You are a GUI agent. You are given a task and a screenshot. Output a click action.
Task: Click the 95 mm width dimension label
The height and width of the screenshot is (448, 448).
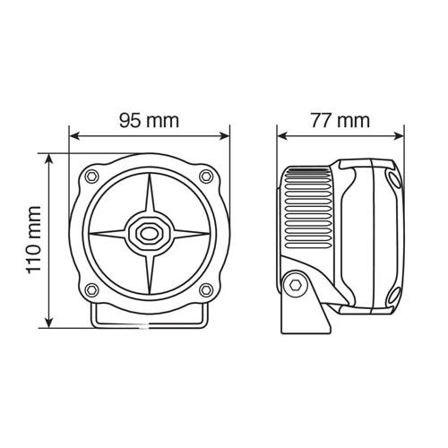coord(148,120)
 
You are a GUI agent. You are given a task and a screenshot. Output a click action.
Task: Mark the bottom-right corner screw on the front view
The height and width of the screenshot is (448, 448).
coord(207,289)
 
